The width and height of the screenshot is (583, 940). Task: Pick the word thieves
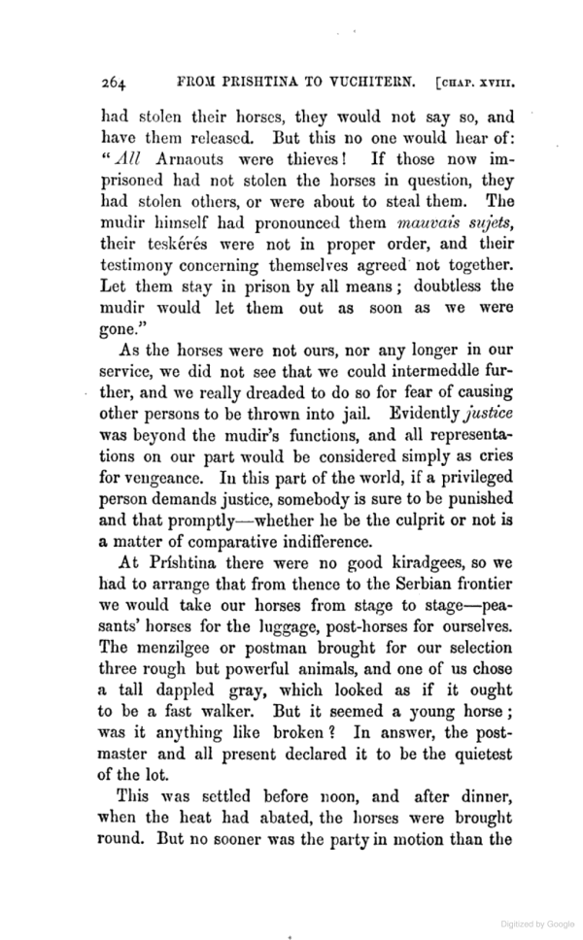(307, 160)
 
